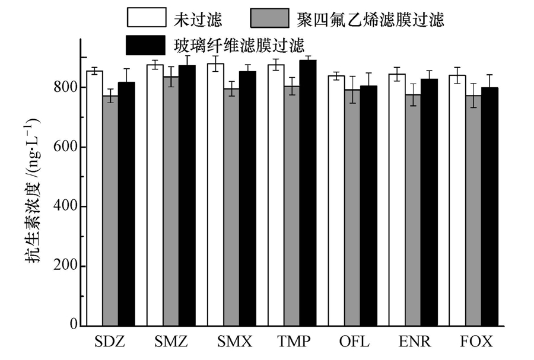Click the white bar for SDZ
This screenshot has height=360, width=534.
pyautogui.click(x=94, y=198)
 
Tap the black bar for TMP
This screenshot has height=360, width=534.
pyautogui.click(x=307, y=193)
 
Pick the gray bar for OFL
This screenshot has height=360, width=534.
pyautogui.click(x=352, y=208)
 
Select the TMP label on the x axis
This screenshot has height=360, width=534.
pyautogui.click(x=293, y=343)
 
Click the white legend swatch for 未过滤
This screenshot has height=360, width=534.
pyautogui.click(x=145, y=18)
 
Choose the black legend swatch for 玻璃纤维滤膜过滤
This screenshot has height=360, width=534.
pyautogui.click(x=145, y=44)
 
